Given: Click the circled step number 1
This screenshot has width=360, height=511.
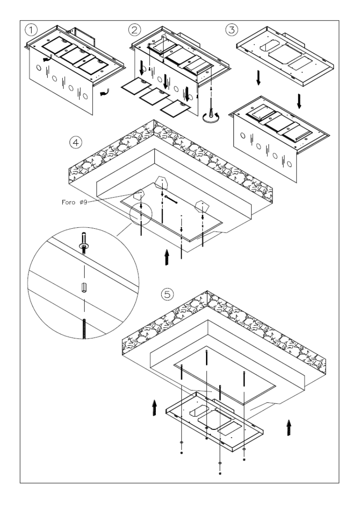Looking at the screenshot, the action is point(31,30).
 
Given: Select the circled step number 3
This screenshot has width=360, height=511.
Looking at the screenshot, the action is point(232,30).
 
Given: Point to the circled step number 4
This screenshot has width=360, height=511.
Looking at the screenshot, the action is point(76,142).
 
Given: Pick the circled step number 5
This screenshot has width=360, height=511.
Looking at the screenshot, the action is point(167,295).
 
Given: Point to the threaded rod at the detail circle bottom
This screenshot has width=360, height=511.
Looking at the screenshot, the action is point(84,329).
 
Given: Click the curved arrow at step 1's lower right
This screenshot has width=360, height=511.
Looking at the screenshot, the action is point(104,93).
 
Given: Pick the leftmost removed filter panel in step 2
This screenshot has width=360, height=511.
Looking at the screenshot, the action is point(136,86).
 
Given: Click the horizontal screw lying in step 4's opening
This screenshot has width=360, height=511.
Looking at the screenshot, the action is point(172,199).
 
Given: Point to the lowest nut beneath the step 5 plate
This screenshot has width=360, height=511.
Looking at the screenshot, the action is point(220,473).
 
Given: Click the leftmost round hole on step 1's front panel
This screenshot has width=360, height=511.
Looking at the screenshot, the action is point(39,68).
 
